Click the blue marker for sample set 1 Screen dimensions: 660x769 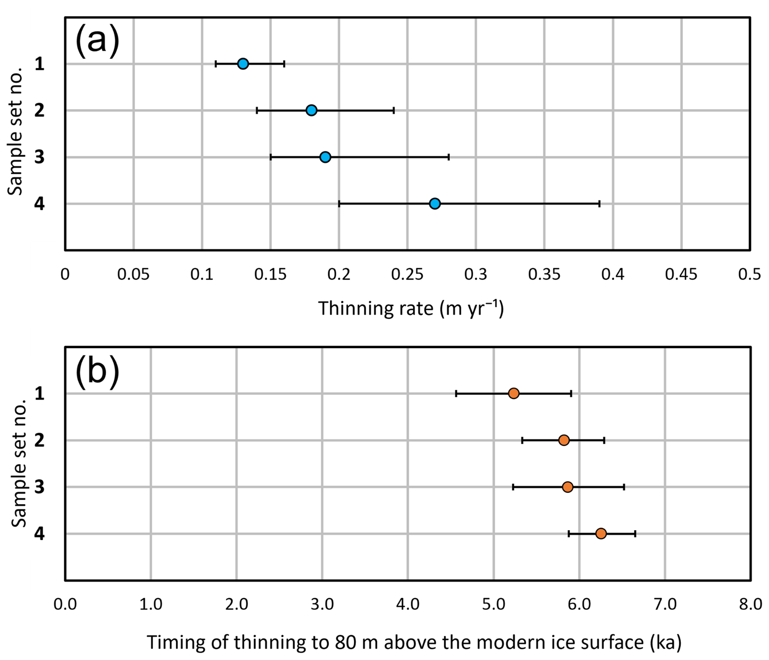(x=243, y=64)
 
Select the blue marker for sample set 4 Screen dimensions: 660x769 (x=435, y=204)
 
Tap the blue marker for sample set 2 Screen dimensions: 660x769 (x=311, y=110)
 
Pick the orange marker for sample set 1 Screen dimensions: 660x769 (x=513, y=393)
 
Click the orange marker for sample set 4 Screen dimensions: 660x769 (x=601, y=534)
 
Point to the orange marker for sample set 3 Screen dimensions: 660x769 (x=567, y=487)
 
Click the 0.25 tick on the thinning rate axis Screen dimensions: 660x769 (x=407, y=275)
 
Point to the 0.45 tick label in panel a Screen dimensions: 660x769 (x=681, y=275)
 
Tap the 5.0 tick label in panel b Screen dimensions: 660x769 (x=494, y=604)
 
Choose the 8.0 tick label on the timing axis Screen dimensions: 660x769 (x=750, y=604)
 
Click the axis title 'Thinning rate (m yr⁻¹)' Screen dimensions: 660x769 (x=411, y=308)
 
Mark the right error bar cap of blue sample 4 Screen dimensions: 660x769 (x=599, y=204)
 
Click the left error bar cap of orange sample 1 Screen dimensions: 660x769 (x=456, y=393)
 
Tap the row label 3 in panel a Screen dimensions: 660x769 (x=39, y=157)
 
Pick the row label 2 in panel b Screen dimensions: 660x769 (x=39, y=440)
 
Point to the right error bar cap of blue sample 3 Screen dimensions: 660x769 (x=449, y=157)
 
